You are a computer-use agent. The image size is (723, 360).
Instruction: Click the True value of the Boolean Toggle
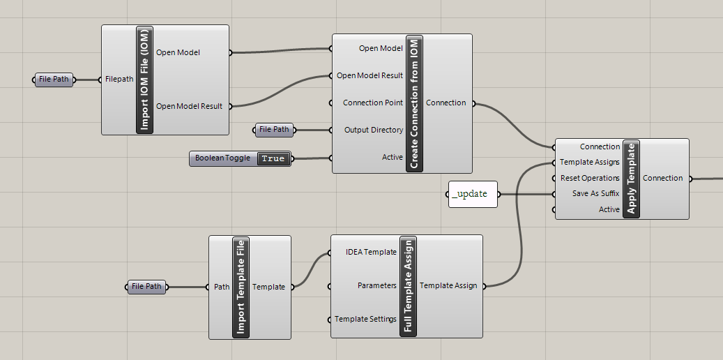(x=273, y=158)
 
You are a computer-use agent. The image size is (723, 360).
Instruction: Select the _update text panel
(x=472, y=194)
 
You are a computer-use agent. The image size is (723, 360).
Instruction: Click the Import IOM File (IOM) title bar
(x=145, y=80)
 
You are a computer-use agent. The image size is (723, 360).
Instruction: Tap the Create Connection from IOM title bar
(x=414, y=103)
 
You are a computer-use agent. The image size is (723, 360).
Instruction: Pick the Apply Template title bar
(x=632, y=179)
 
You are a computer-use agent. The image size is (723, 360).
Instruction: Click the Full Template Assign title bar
(x=408, y=286)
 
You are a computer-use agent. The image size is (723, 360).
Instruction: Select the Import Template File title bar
(x=241, y=287)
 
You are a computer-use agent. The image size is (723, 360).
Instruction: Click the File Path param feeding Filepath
(x=54, y=80)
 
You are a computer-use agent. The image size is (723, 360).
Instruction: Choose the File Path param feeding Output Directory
(x=274, y=130)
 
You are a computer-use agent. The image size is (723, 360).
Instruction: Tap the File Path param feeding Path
(x=146, y=287)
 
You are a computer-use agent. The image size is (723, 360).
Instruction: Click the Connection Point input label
(x=372, y=103)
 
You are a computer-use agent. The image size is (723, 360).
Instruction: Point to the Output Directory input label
(x=373, y=130)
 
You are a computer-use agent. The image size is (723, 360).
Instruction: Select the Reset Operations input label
(x=590, y=178)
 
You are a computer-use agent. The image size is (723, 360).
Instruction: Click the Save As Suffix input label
(x=595, y=193)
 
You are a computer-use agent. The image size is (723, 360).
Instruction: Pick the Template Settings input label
(x=365, y=319)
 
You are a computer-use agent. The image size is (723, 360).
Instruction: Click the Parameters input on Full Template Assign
(x=376, y=285)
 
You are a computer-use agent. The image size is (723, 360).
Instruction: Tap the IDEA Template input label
(x=371, y=252)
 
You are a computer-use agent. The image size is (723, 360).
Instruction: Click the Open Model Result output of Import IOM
(x=189, y=106)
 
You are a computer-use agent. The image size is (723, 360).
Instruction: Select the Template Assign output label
(x=448, y=285)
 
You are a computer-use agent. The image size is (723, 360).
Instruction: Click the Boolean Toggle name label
(x=222, y=158)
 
